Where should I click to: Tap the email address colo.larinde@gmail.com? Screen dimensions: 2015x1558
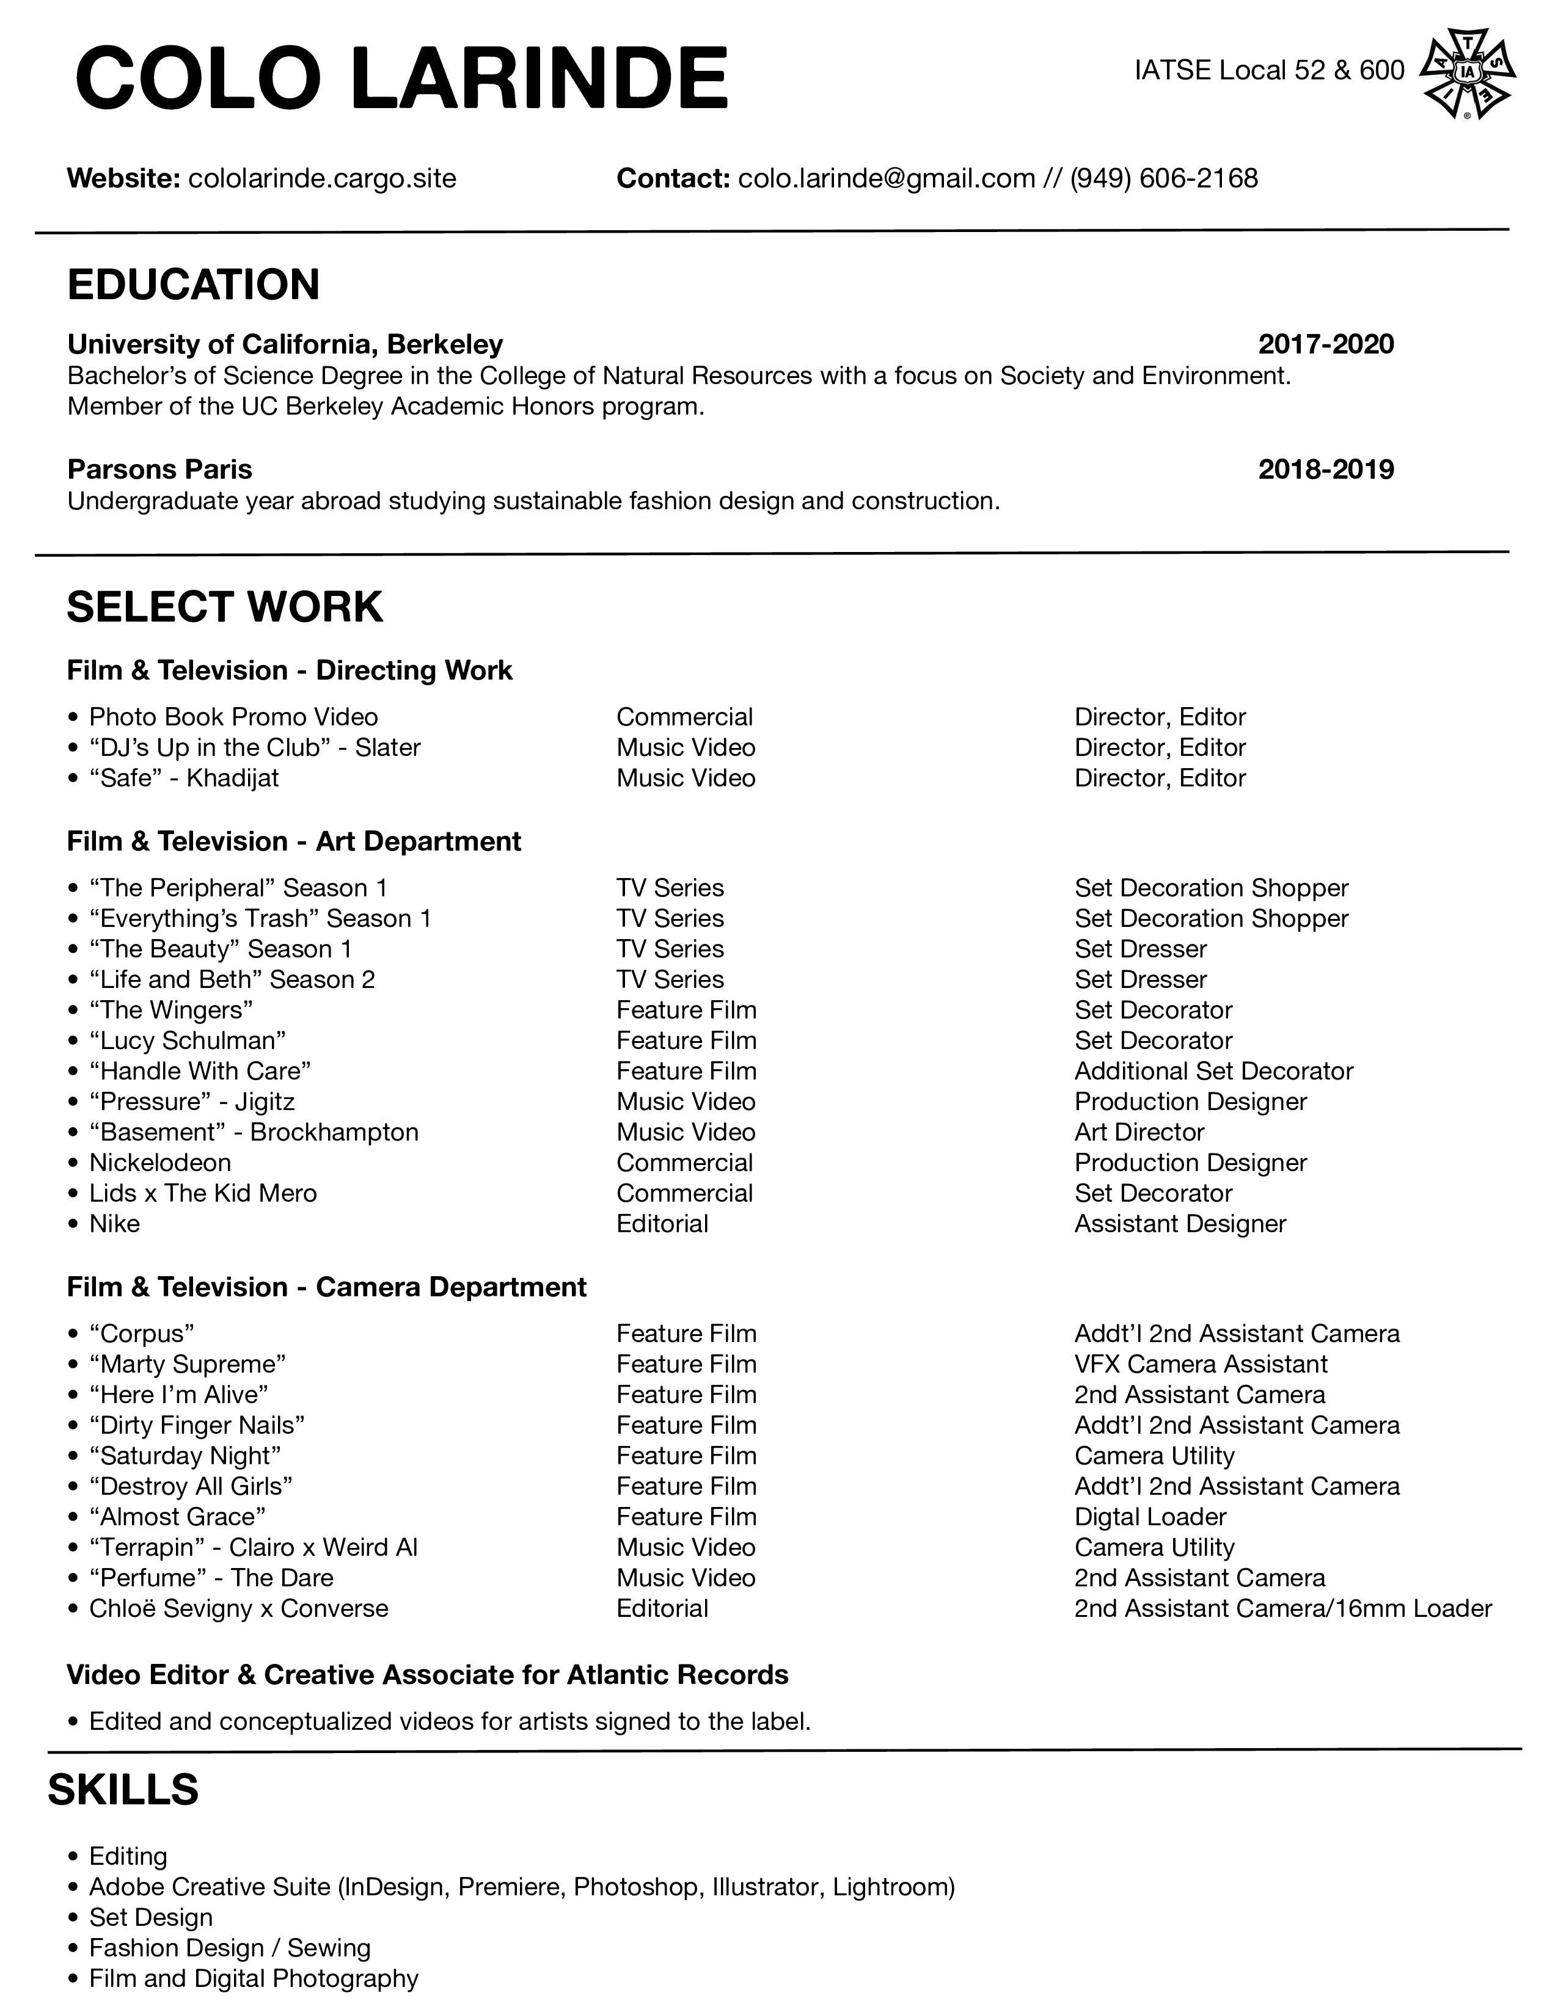tap(886, 178)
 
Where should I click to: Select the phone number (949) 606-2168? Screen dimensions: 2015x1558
tap(1164, 178)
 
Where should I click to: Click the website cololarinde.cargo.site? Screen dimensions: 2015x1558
tap(322, 178)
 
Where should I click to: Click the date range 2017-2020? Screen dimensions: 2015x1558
tap(1325, 344)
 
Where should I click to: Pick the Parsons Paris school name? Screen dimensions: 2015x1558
tap(159, 469)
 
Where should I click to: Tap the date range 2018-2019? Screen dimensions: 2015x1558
tap(1325, 469)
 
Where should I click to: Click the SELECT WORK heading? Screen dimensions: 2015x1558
tap(224, 606)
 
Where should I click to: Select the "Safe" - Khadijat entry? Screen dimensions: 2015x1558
tap(184, 778)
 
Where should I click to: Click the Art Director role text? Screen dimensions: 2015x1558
tap(1139, 1132)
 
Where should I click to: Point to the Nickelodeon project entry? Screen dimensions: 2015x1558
tap(159, 1163)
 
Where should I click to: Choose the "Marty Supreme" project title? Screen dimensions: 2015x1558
tap(188, 1363)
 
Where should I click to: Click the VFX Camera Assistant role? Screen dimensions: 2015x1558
tap(1200, 1363)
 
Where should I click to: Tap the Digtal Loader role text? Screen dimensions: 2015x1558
tap(1150, 1517)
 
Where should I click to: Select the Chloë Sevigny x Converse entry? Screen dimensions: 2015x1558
tap(238, 1608)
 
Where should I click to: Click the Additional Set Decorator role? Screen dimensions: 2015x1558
tap(1213, 1071)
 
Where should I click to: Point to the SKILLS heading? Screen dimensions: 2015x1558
tap(123, 1789)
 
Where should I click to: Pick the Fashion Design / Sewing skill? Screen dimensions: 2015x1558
tap(229, 1948)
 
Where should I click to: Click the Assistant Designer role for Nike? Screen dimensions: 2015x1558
tap(1180, 1224)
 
